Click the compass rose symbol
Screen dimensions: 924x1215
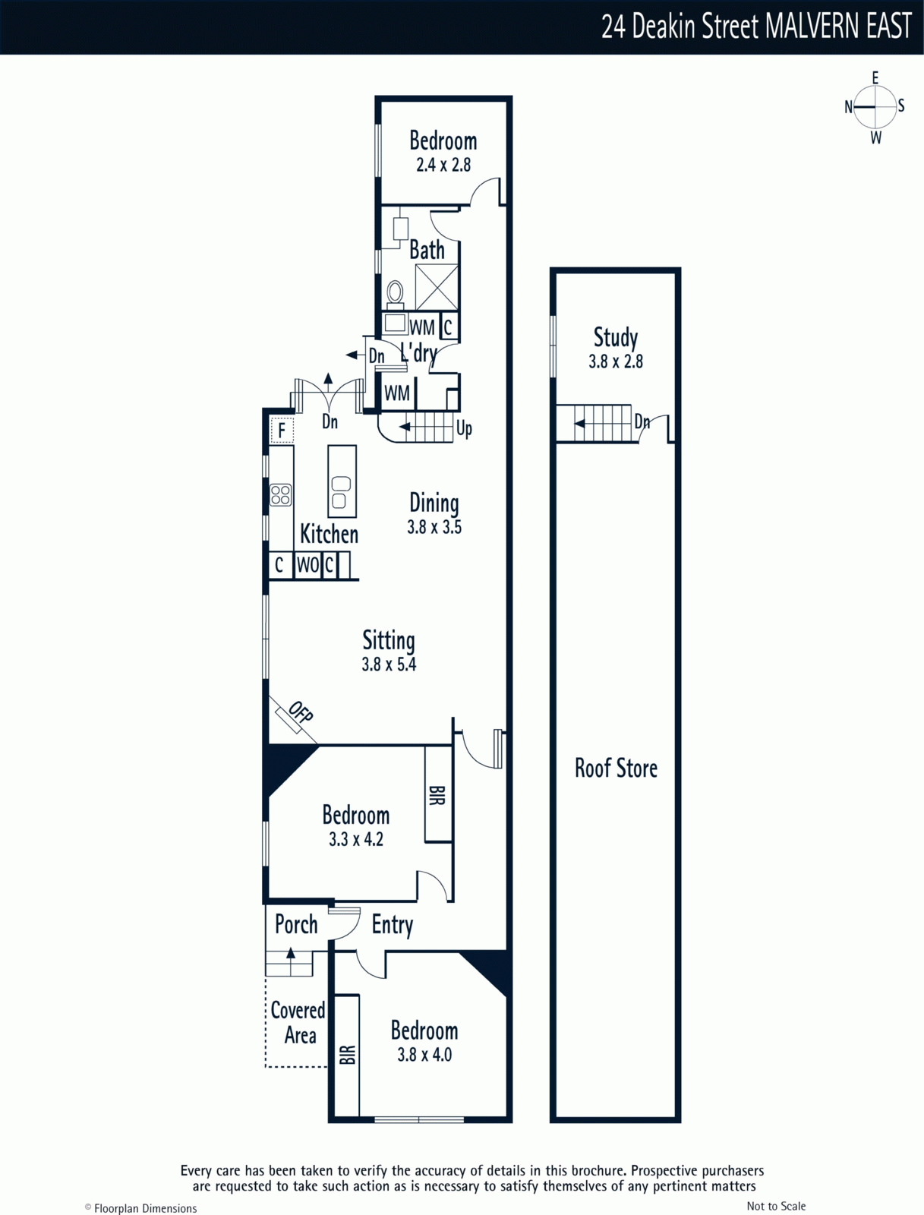[875, 107]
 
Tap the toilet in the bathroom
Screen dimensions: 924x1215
[395, 295]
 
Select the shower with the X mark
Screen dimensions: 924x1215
[437, 287]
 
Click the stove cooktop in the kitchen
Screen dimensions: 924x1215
[280, 495]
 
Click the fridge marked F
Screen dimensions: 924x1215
[282, 430]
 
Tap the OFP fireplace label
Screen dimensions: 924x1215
[301, 712]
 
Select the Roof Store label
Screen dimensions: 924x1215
[616, 768]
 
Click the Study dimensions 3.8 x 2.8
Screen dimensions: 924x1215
[615, 361]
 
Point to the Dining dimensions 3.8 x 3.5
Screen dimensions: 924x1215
[434, 527]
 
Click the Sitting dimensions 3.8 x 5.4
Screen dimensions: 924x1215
[389, 664]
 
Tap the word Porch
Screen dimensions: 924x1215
[296, 925]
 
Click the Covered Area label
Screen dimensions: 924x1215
[298, 1023]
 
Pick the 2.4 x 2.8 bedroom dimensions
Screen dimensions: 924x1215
[443, 165]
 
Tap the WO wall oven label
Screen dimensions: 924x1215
[308, 565]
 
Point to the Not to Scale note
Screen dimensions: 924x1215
[776, 1202]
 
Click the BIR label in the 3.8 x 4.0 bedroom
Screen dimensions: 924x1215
[347, 1055]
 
